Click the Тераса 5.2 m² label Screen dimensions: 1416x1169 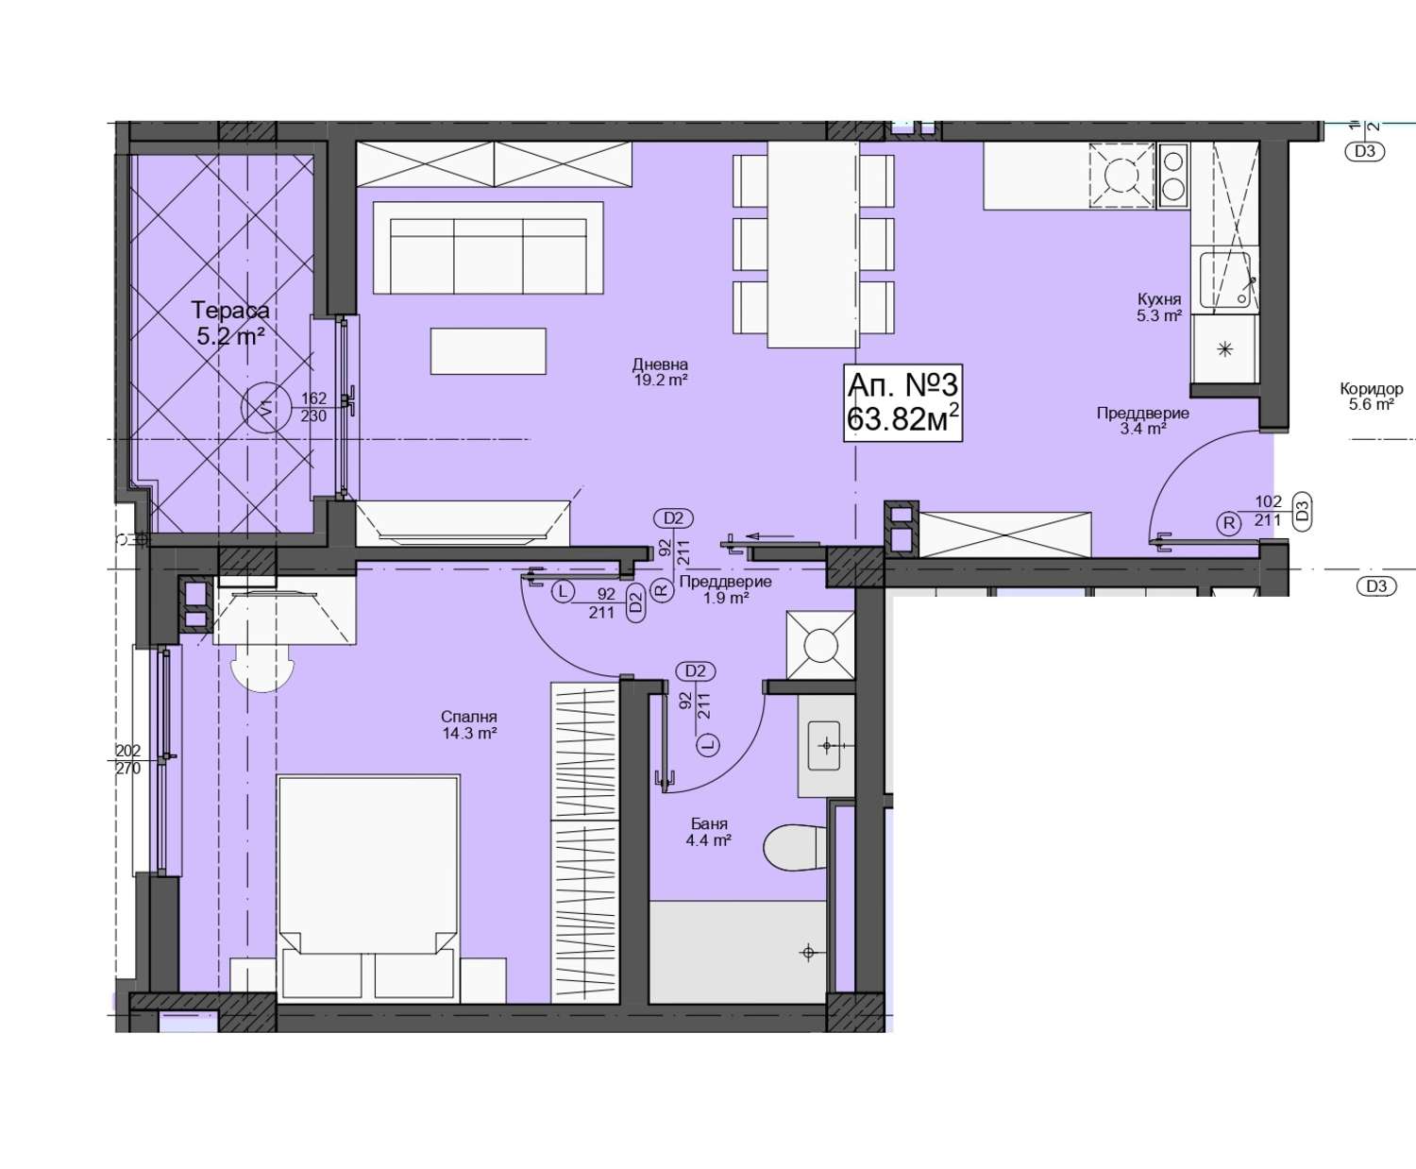230,323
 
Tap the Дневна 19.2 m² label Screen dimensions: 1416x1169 661,372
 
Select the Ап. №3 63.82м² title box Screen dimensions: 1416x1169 902,403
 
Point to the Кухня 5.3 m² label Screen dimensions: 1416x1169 1159,307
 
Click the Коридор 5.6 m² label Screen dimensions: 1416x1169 1372,397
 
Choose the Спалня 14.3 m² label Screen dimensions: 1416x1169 469,724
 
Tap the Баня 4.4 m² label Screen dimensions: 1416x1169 709,832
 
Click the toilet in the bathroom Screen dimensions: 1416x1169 795,847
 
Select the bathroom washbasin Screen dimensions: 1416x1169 825,746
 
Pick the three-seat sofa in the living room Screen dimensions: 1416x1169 488,247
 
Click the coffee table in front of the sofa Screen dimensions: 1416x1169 488,350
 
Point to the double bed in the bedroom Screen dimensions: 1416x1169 369,888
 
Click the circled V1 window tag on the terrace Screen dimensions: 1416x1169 266,407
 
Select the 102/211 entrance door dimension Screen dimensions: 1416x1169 1268,511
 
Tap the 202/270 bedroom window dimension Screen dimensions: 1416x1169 128,759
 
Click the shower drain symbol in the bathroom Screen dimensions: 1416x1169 808,953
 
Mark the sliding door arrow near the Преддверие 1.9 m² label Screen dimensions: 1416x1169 769,536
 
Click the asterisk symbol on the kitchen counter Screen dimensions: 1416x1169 1224,349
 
